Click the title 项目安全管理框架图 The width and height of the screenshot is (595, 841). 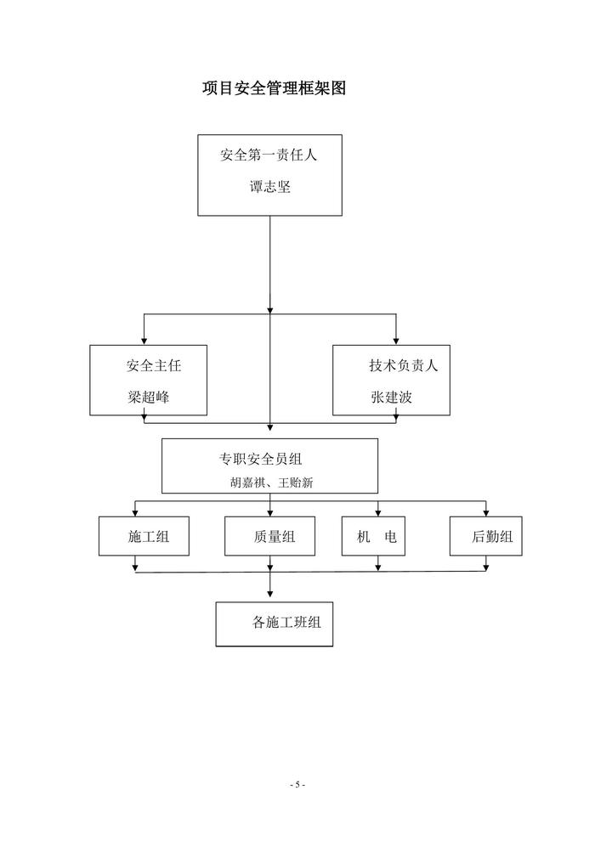(x=275, y=88)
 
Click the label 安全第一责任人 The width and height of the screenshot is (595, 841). (x=269, y=155)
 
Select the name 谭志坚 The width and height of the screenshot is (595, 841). (x=269, y=188)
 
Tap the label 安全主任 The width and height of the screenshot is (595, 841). (x=154, y=366)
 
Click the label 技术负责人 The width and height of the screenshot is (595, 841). (x=403, y=366)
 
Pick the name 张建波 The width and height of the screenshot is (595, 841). (x=391, y=397)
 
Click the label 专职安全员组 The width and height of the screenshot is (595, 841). (x=261, y=460)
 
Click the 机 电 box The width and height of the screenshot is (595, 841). (x=372, y=536)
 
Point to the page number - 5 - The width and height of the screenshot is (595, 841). (x=297, y=785)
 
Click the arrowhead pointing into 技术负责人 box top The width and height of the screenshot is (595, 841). (x=396, y=341)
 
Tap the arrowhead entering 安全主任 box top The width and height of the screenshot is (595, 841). (x=144, y=341)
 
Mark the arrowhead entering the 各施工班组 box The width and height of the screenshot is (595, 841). (x=270, y=598)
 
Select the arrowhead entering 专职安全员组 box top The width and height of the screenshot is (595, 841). (x=270, y=434)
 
